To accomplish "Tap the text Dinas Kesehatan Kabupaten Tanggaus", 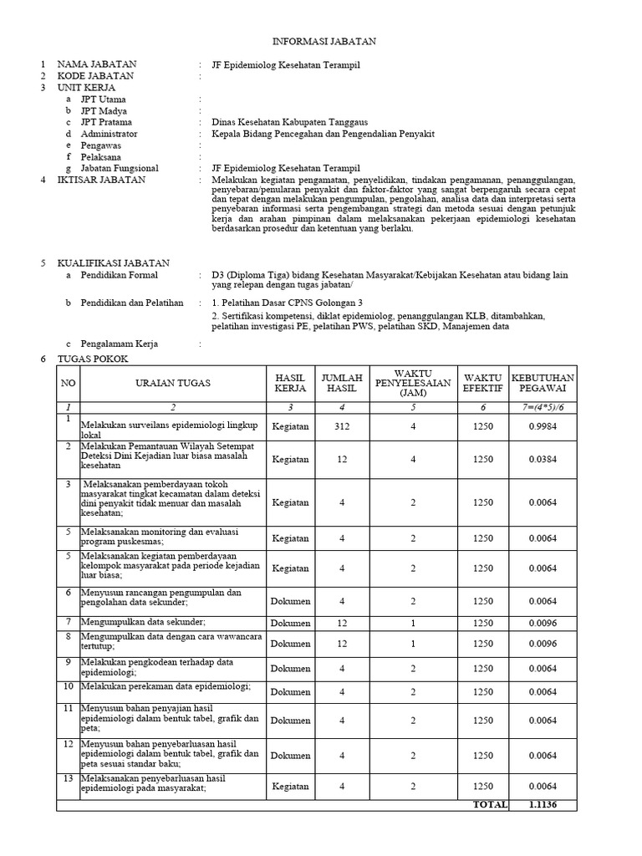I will coord(289,122).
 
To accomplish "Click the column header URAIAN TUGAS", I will coord(173,383).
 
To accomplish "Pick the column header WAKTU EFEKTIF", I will coord(483,383).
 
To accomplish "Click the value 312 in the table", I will coord(341,426).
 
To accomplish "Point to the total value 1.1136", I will coord(543,804).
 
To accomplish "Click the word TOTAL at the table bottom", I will coord(490,804).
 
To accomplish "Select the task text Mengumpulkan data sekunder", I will coord(143,622).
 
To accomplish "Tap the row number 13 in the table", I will coord(68,779).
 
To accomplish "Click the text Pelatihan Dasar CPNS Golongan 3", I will coord(288,303).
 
